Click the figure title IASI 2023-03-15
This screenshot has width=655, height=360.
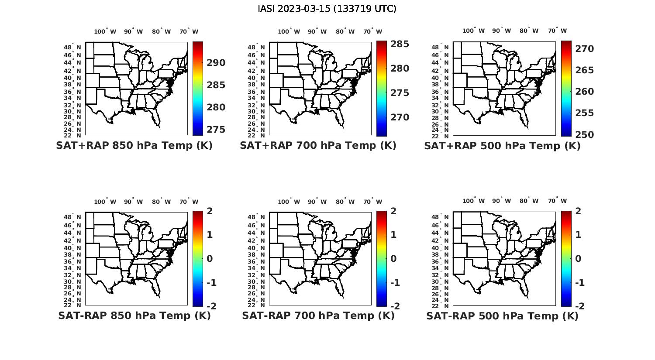[x=327, y=9]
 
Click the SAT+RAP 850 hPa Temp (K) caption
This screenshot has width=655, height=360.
[x=134, y=146]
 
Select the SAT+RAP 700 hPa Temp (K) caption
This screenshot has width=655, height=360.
[x=318, y=146]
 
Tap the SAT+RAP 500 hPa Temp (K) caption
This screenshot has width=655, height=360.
[x=502, y=146]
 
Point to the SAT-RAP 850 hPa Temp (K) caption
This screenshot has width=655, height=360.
[x=134, y=315]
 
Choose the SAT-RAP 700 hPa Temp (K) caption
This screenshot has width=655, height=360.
[x=318, y=315]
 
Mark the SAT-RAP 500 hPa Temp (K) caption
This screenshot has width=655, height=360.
[x=502, y=316]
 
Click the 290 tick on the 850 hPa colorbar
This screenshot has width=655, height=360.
[x=216, y=63]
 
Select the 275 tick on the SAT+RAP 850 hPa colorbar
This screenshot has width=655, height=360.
[x=216, y=130]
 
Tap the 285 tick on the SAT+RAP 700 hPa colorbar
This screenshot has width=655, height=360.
[x=400, y=44]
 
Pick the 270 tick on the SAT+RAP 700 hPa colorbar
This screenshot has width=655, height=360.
[x=400, y=117]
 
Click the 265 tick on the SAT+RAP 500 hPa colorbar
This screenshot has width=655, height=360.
[x=585, y=70]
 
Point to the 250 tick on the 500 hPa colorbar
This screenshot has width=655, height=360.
[x=585, y=135]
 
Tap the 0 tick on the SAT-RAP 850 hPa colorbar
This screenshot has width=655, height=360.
[x=210, y=259]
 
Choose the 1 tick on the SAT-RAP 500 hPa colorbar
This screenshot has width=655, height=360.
[x=579, y=235]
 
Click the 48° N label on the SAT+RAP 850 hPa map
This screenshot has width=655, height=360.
[x=72, y=47]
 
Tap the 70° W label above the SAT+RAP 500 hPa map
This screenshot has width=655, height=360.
[x=558, y=31]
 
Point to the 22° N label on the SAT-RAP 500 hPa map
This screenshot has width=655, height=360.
[x=440, y=305]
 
